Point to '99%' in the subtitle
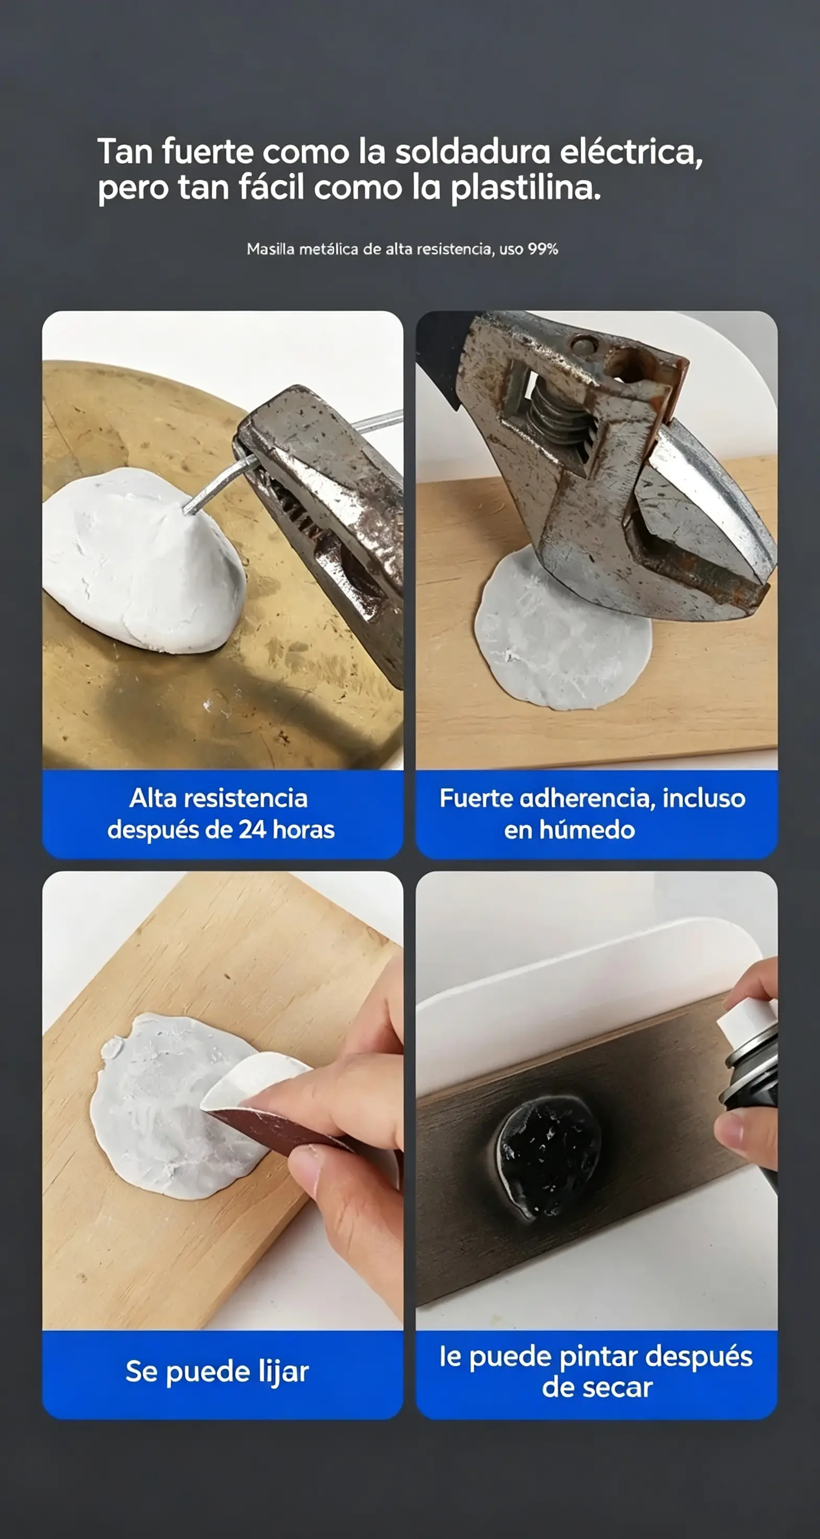pyautogui.click(x=543, y=249)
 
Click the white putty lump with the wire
pyautogui.click(x=142, y=561)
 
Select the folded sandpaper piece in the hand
pyautogui.click(x=263, y=1099)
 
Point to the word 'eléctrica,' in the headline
pyautogui.click(x=631, y=152)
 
